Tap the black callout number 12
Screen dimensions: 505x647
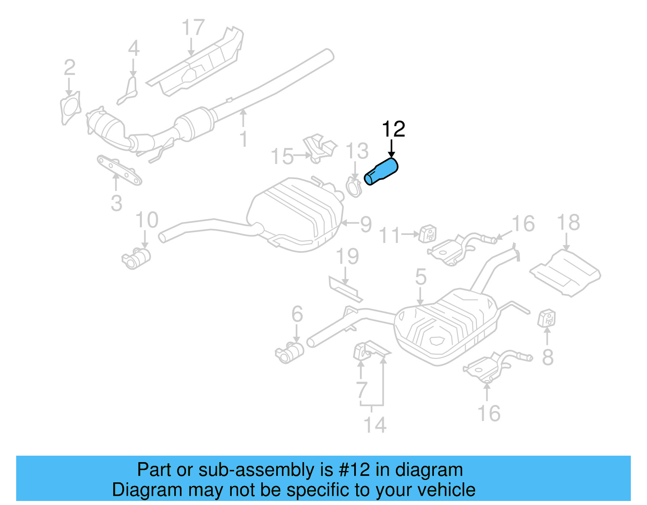click(393, 129)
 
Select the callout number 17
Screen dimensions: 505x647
click(193, 28)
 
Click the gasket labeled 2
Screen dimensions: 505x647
click(70, 108)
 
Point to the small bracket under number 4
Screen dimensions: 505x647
click(129, 93)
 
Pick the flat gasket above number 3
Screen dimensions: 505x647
click(119, 171)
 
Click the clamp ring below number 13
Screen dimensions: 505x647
click(354, 187)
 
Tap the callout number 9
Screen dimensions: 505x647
click(366, 224)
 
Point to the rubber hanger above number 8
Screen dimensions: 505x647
click(546, 318)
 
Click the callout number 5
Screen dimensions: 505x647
click(421, 277)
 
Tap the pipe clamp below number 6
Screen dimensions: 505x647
click(290, 351)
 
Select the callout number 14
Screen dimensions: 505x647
click(375, 425)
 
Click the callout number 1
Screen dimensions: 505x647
click(243, 139)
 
